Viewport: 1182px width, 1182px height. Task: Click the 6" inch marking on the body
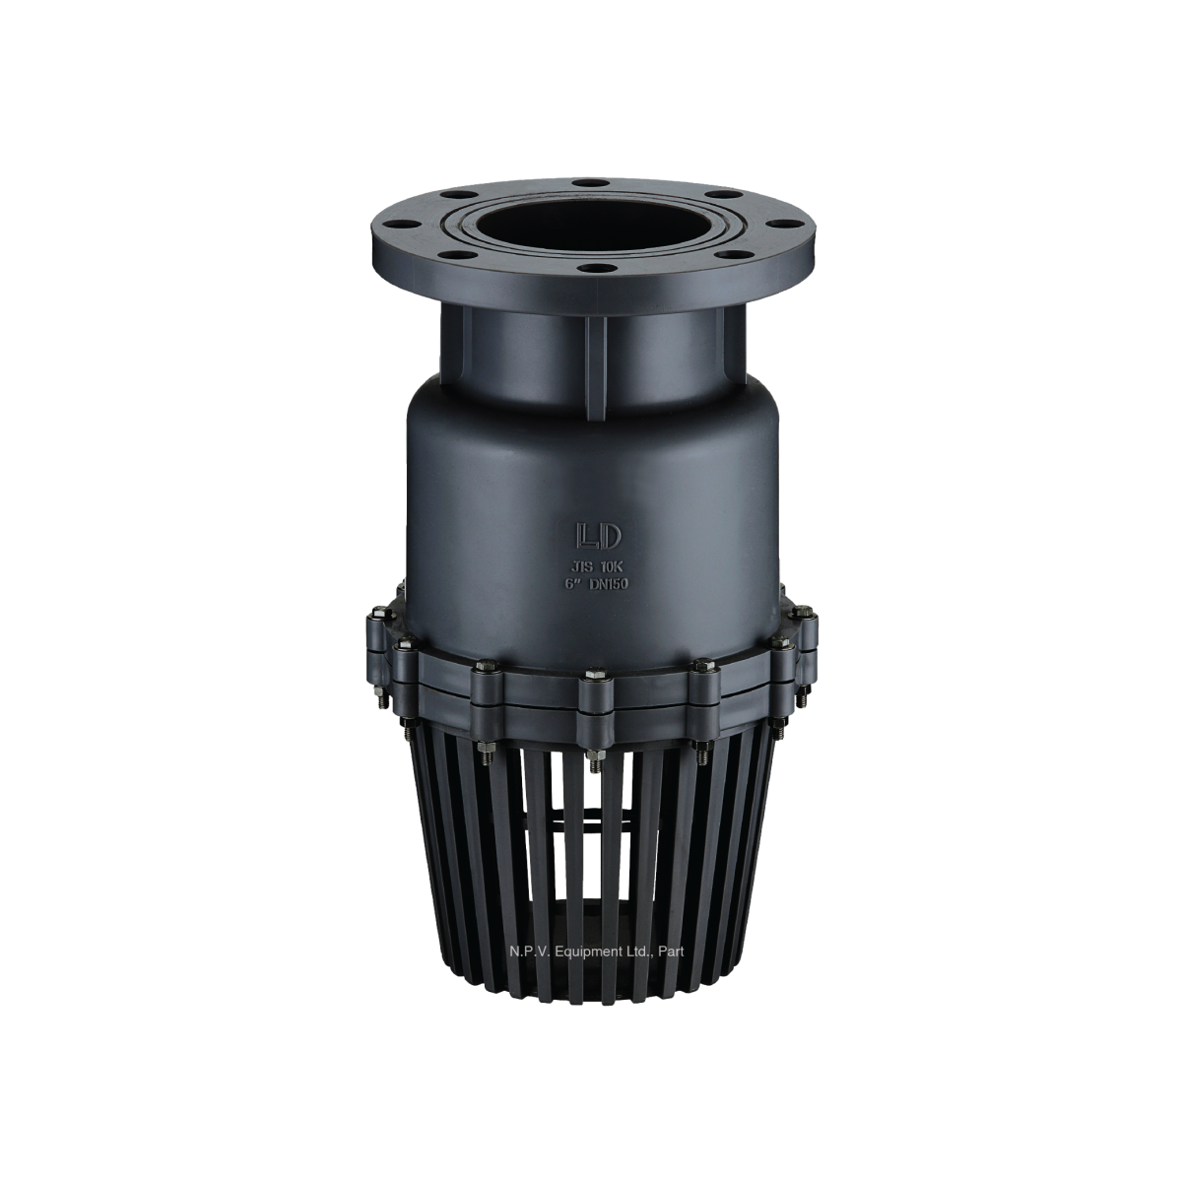point(570,583)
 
